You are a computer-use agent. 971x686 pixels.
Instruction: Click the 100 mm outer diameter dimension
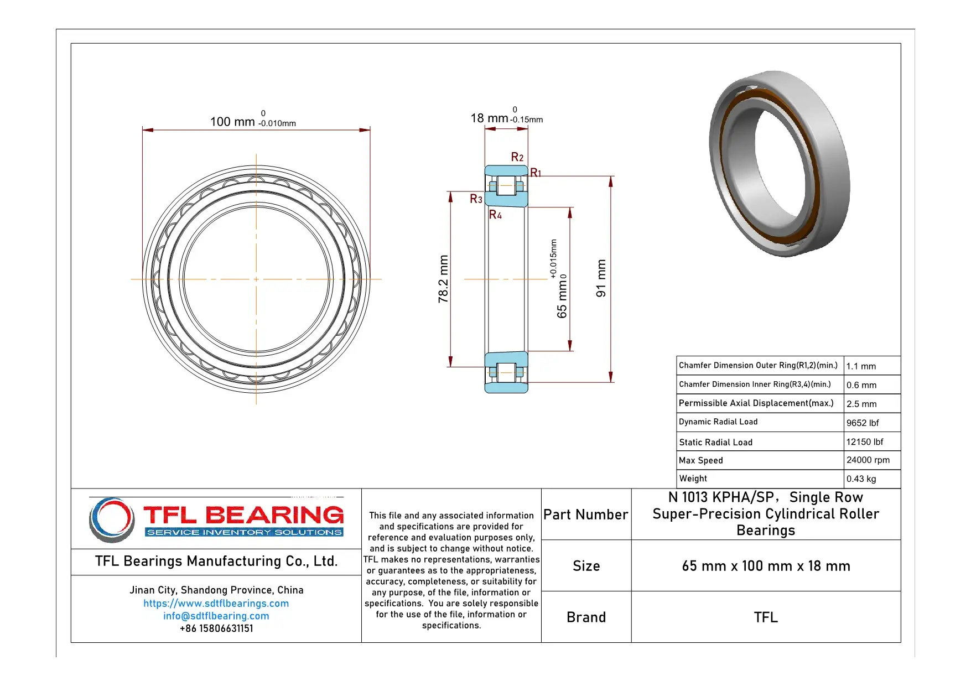pos(232,122)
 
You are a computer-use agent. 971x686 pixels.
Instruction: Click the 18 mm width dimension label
pos(489,118)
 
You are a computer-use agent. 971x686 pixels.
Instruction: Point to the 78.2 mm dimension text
pos(443,279)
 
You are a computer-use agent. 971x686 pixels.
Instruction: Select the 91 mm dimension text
pos(601,279)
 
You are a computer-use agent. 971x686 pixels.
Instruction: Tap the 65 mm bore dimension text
pos(562,299)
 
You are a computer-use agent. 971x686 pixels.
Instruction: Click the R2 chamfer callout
pos(517,158)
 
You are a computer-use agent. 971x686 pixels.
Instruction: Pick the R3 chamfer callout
pos(476,199)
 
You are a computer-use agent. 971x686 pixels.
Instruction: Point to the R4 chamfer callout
pos(495,215)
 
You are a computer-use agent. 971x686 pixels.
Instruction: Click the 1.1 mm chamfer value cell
pos(861,366)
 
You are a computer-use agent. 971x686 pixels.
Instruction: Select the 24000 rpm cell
pos(868,460)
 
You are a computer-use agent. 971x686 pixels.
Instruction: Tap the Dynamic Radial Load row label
pos(718,422)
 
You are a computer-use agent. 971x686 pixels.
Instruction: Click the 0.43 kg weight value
pos(861,479)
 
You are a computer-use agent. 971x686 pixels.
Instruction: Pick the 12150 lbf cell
pos(864,442)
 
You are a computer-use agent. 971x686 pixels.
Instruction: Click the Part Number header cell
pos(585,515)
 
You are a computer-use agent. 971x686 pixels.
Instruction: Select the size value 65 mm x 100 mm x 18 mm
pos(766,566)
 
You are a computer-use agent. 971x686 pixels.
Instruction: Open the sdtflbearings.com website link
pos(216,604)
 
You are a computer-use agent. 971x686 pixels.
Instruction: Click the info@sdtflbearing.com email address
pos(216,616)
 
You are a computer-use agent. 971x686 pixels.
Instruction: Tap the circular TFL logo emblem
pos(112,519)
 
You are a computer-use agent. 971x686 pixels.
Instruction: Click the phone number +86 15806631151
pos(216,629)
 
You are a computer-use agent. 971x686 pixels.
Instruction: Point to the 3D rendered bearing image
pos(779,163)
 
